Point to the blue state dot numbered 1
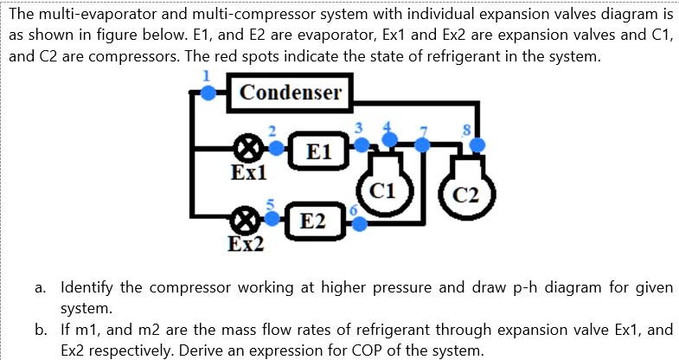(208, 93)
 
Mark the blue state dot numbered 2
(277, 148)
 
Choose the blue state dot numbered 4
(390, 138)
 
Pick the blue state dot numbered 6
(360, 224)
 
